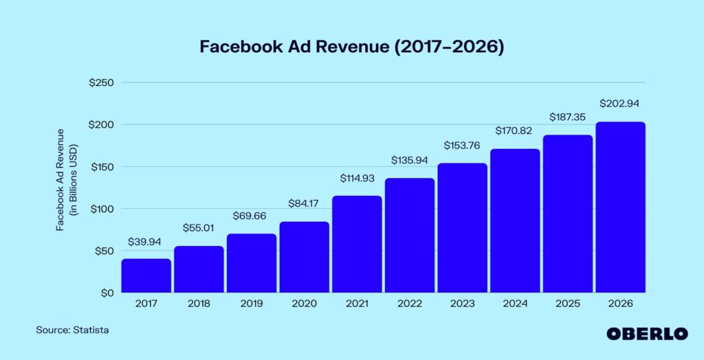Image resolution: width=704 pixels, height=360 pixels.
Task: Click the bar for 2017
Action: pos(146,275)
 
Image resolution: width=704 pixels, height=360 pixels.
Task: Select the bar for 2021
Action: pos(357,244)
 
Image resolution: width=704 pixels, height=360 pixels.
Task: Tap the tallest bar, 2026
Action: pos(620,207)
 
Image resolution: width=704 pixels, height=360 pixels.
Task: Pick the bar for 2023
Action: pos(462,227)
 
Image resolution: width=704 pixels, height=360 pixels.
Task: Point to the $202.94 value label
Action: pos(620,104)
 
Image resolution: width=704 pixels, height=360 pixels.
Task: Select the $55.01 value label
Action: pos(199,228)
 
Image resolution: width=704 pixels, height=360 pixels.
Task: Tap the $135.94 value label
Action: pos(410,160)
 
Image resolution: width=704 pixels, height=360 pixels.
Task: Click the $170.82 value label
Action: pos(515,130)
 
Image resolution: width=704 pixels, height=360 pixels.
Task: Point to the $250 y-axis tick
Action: pos(101,82)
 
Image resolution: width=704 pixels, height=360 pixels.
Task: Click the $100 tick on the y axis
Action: pos(101,209)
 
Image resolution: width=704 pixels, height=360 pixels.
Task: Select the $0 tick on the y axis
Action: pos(107,293)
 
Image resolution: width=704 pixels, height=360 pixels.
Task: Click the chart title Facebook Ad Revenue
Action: pos(351,47)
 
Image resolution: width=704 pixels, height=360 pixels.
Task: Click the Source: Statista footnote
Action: pos(72,330)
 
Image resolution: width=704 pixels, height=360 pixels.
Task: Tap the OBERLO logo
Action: pos(647,333)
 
